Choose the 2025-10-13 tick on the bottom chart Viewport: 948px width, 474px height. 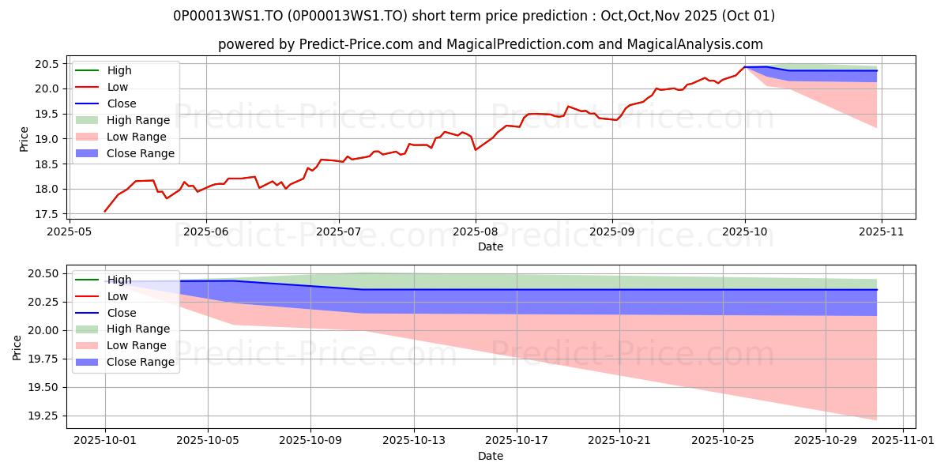[414, 441]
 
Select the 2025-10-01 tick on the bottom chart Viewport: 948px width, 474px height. [105, 441]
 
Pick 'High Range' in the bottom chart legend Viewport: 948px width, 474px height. [138, 329]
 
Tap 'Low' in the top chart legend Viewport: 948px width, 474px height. [117, 87]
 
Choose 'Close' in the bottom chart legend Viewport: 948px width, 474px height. [121, 312]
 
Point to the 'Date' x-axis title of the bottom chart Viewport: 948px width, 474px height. [490, 456]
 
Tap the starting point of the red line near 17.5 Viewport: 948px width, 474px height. [105, 212]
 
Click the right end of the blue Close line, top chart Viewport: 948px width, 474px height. [877, 71]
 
